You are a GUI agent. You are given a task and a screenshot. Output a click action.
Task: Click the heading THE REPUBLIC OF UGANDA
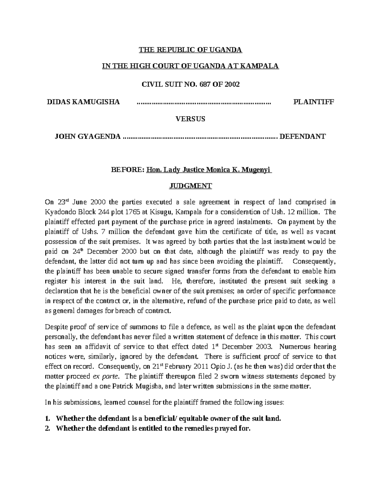coord(190,50)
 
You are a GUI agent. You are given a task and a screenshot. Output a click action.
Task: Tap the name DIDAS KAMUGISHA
coord(83,102)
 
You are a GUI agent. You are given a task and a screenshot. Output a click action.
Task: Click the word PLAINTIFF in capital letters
coord(314,102)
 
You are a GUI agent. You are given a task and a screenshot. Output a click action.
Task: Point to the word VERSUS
coord(190,119)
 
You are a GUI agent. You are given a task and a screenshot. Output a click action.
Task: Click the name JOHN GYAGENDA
coord(88,136)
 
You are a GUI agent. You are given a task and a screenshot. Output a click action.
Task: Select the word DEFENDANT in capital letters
coord(302,136)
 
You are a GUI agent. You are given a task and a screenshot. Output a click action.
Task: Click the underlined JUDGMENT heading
coord(190,186)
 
